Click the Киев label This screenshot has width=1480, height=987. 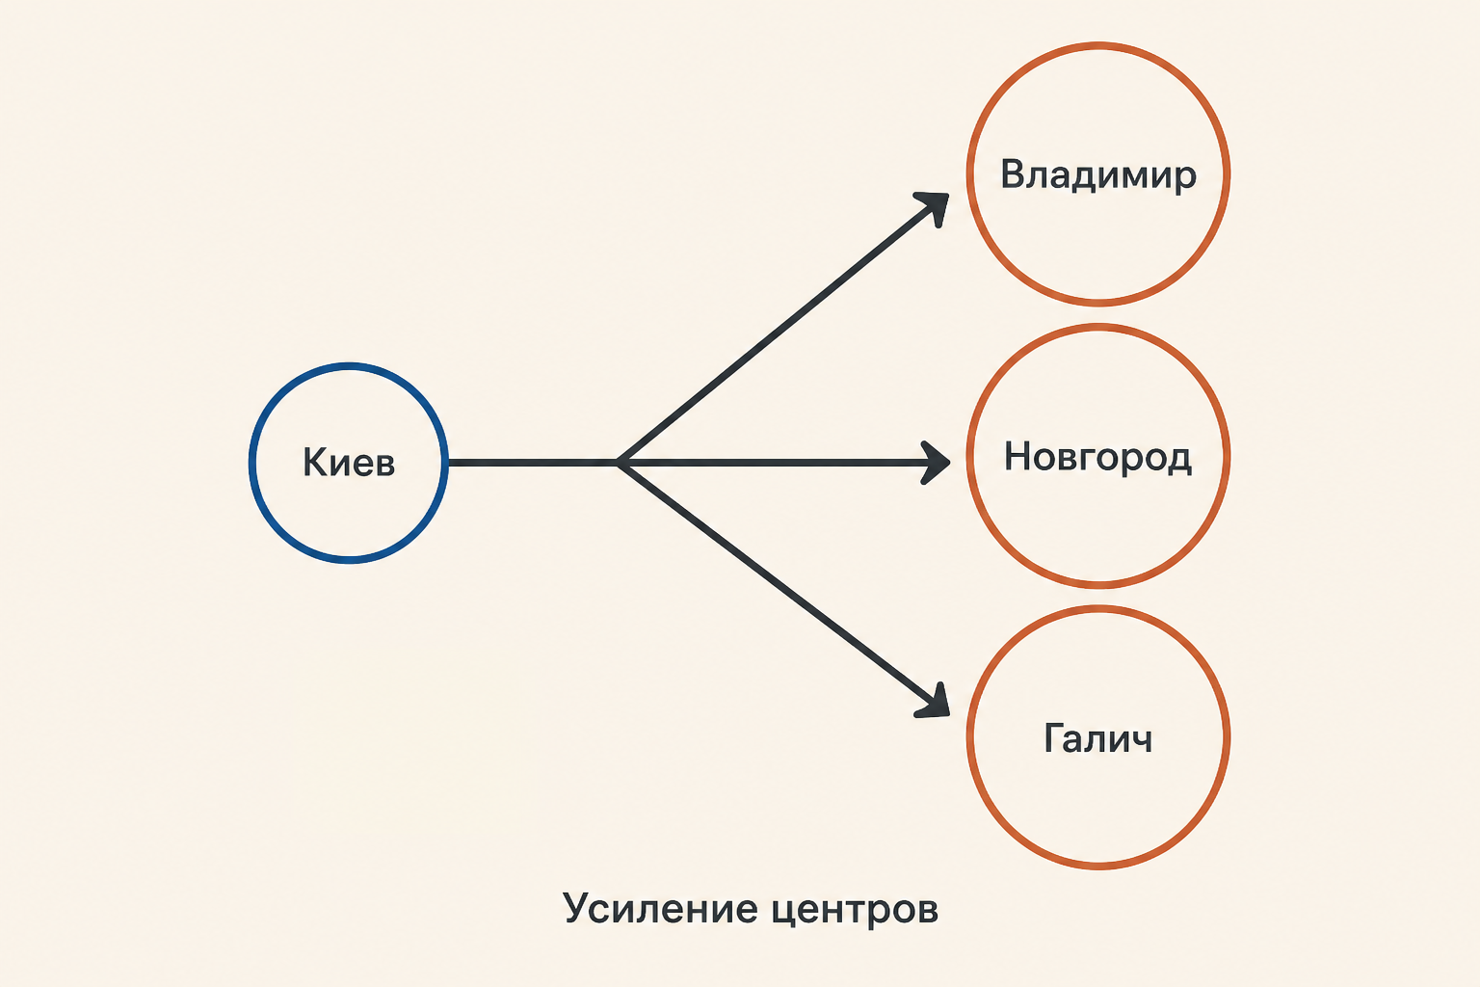pos(349,462)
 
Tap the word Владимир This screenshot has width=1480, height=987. pos(1098,175)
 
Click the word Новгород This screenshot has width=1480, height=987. pos(1098,457)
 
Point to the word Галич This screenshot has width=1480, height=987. pos(1098,738)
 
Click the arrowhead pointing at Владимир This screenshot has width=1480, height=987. pos(935,206)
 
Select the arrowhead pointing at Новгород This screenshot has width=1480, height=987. pos(937,463)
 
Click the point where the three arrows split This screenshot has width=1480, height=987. pos(619,463)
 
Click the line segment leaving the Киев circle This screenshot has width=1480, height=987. pos(533,463)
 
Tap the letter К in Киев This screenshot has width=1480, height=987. pos(314,462)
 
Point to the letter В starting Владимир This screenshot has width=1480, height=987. pos(1013,173)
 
